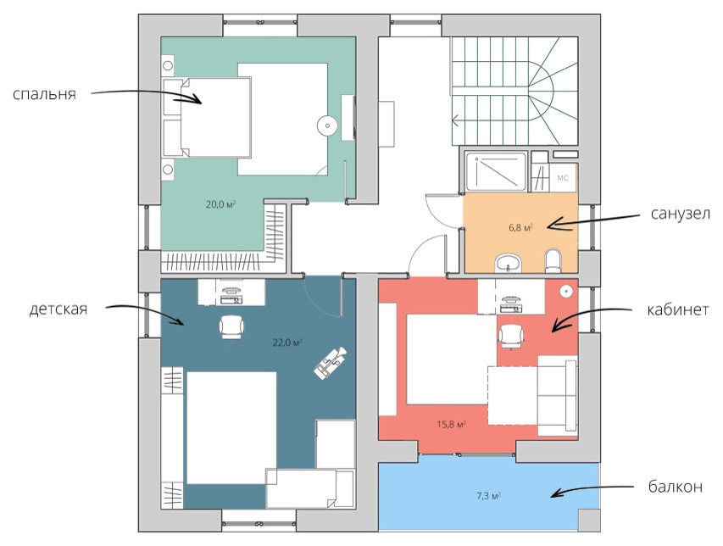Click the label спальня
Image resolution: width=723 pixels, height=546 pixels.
click(x=44, y=95)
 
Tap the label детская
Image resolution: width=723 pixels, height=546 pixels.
click(x=58, y=309)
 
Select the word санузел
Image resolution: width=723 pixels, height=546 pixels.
click(x=680, y=214)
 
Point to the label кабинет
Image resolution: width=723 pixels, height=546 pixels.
click(x=677, y=309)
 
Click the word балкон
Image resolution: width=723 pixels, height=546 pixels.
click(x=675, y=487)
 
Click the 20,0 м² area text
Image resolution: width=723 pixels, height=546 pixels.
click(x=221, y=203)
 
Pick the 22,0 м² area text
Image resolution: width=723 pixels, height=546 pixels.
click(x=287, y=343)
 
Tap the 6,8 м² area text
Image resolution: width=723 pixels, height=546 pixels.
click(x=521, y=227)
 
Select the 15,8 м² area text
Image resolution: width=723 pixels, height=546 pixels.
click(x=451, y=424)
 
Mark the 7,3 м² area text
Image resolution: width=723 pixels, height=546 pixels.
click(x=488, y=496)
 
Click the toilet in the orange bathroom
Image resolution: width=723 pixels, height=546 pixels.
click(x=553, y=261)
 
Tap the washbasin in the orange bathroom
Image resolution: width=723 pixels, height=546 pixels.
click(x=508, y=264)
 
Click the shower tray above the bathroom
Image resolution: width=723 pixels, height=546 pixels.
click(x=496, y=171)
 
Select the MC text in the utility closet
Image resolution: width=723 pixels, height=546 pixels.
click(x=563, y=178)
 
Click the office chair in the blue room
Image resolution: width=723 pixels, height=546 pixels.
click(x=231, y=326)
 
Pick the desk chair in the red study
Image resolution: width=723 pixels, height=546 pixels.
click(x=510, y=336)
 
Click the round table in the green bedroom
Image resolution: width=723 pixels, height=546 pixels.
click(x=327, y=125)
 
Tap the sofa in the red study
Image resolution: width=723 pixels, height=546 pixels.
click(x=558, y=396)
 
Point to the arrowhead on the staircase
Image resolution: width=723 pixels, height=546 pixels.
click(x=455, y=121)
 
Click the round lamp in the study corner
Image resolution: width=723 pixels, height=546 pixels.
click(x=567, y=291)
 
